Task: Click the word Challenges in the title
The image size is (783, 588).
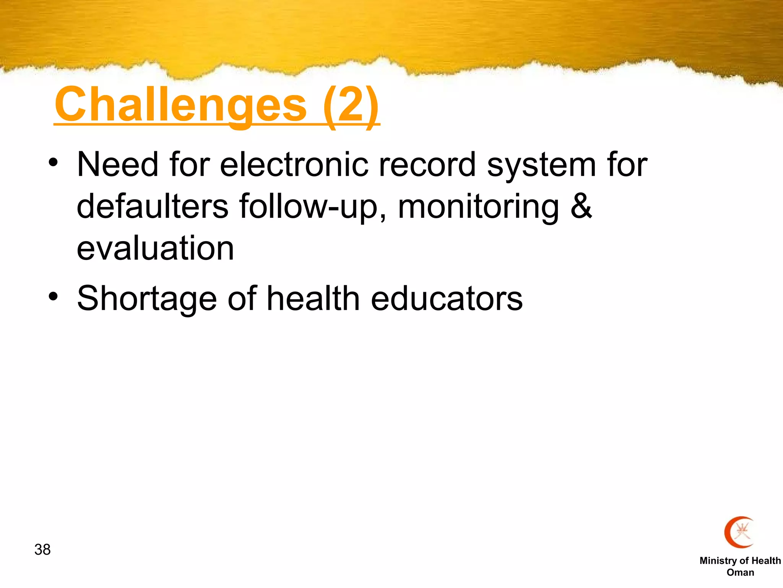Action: [180, 105]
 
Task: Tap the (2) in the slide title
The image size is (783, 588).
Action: [351, 105]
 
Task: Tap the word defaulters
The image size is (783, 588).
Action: [153, 206]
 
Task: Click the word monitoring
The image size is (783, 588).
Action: [478, 207]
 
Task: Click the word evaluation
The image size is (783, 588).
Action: [155, 248]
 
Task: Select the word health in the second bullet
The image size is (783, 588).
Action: [313, 298]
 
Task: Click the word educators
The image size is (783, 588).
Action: [447, 299]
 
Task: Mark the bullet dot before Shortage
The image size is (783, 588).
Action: [53, 297]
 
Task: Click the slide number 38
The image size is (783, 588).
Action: [42, 550]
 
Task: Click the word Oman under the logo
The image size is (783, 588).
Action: [740, 572]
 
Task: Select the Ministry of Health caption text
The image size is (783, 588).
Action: [740, 560]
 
